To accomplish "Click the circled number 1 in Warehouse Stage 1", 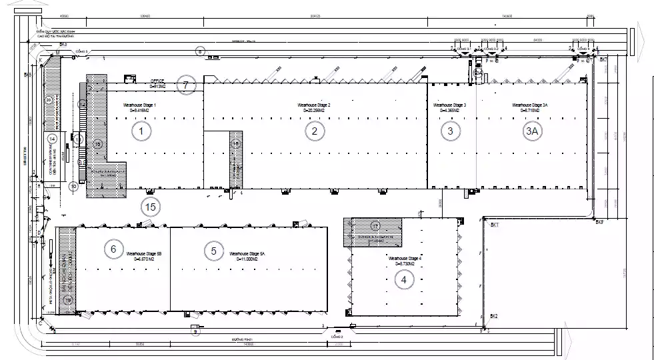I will point(141,131).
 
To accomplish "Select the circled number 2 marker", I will point(315,131).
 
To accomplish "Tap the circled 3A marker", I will point(531,131).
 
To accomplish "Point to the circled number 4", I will point(403,280).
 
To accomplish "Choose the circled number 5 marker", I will point(213,251).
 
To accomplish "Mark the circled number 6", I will point(113,249).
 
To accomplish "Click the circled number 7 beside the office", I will point(186,85).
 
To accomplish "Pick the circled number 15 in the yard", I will point(151,207).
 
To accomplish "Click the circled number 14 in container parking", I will point(53,139).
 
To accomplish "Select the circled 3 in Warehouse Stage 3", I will point(451,131).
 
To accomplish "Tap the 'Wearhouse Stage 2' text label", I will point(314,105).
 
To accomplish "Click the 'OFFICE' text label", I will point(157,82).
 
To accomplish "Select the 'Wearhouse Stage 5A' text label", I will point(247,254).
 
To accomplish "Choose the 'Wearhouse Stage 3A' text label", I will point(530,105).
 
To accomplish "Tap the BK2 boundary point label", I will point(494,315).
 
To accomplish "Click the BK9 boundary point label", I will point(599,221).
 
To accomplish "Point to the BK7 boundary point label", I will point(603,60).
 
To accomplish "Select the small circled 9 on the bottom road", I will point(195,331).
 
